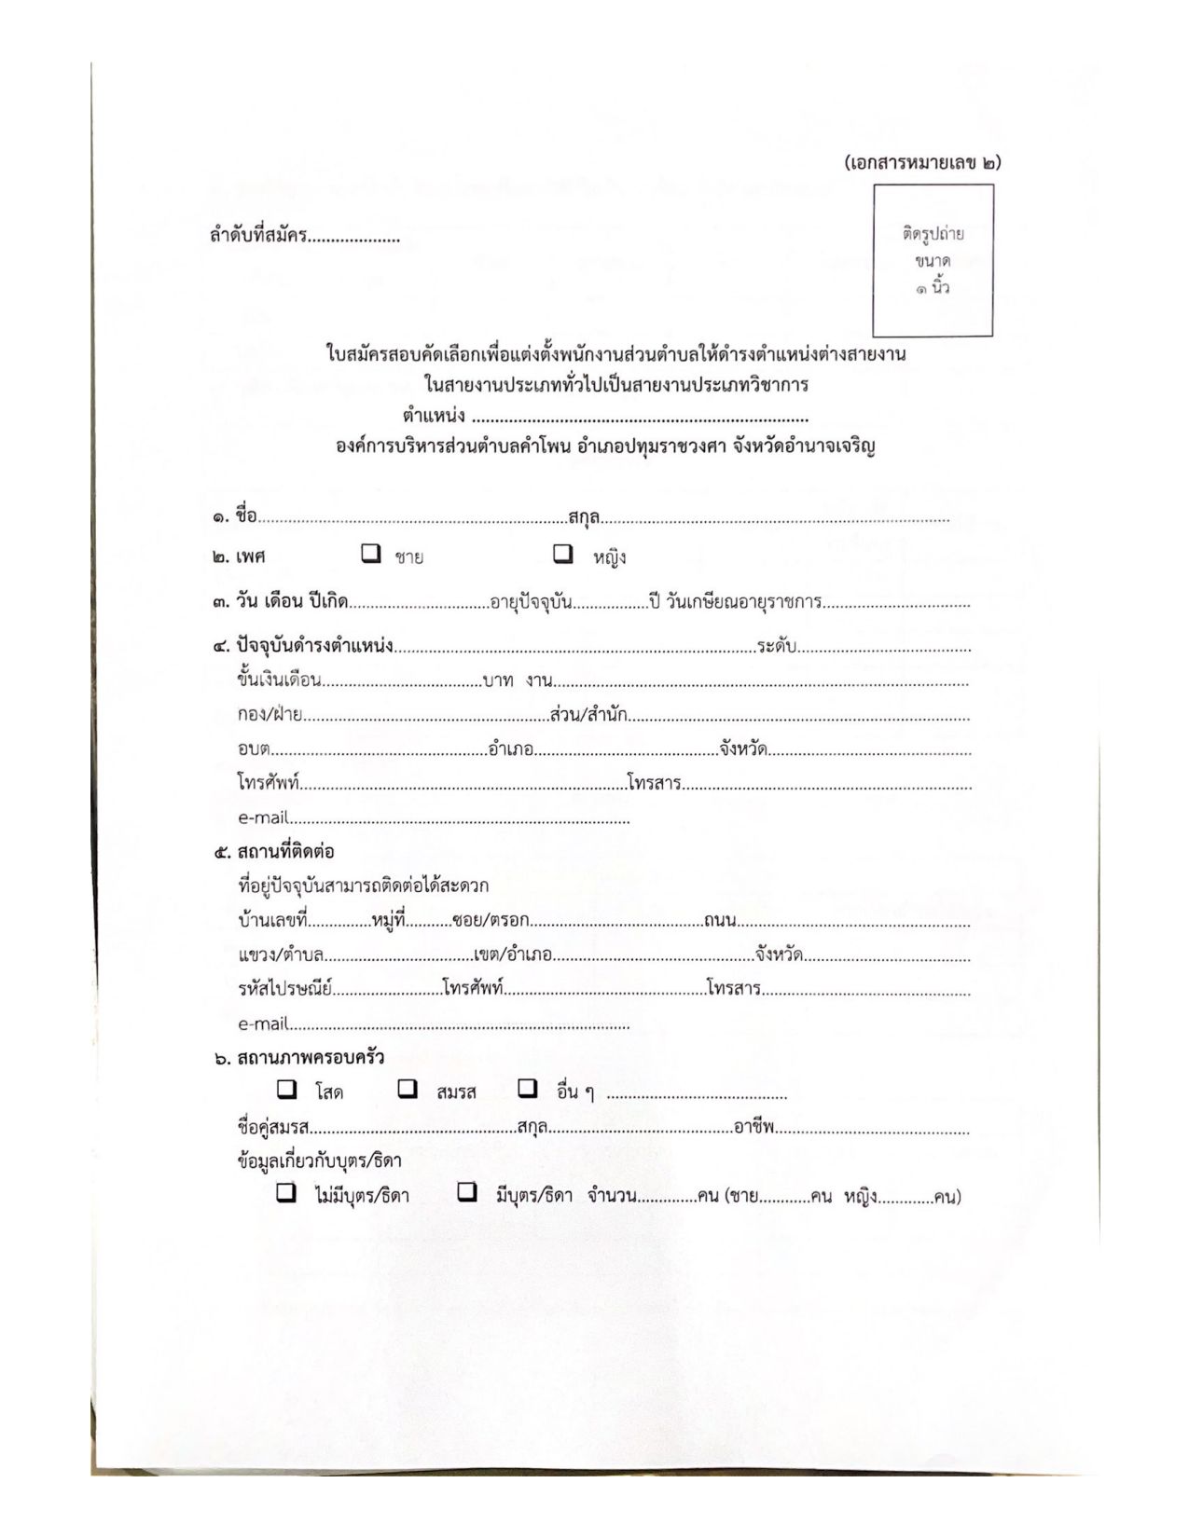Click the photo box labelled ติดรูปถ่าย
point(933,260)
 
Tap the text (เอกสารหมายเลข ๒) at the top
point(922,162)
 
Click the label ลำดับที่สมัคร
point(258,236)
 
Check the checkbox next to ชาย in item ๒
point(371,554)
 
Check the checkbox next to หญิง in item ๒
point(563,554)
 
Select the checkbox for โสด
point(287,1089)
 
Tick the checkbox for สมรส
point(408,1089)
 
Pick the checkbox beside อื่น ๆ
point(528,1089)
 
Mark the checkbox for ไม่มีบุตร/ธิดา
point(287,1192)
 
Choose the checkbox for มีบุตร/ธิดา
point(467,1192)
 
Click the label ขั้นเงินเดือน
point(280,680)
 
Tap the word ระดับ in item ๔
point(776,645)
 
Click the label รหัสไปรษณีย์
point(284,988)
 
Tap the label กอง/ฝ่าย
point(270,715)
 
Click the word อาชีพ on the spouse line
point(754,1127)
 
